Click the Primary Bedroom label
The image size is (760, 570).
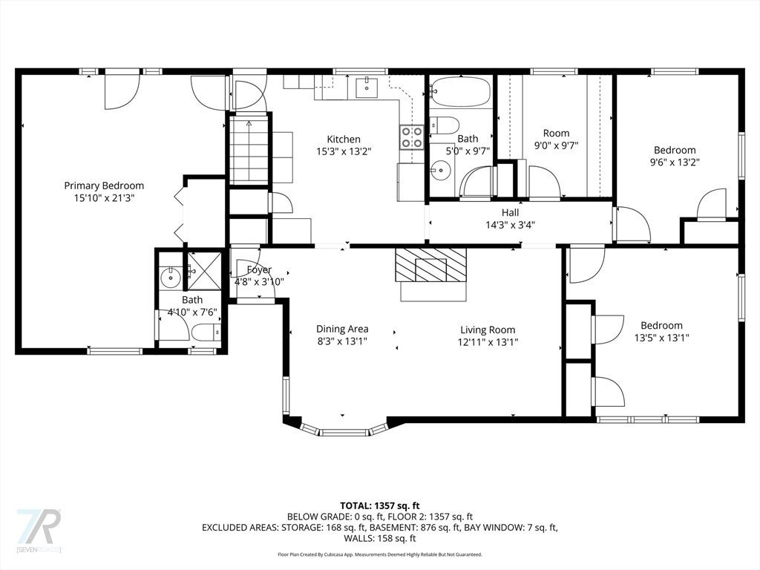104,186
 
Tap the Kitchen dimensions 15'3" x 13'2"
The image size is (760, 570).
344,151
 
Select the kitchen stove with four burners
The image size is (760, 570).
411,137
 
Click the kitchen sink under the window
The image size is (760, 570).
367,88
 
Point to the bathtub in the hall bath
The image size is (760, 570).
460,91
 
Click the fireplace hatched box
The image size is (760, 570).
430,265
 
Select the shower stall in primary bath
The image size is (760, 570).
204,271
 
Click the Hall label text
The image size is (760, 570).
510,212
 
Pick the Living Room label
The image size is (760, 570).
488,330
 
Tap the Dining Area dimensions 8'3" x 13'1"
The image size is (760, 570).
342,341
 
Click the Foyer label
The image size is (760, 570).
259,269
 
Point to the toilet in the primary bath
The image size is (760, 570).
206,332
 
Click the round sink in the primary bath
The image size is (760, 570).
171,278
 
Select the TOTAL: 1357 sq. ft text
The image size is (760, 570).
379,506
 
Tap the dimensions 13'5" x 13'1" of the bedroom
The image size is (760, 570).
661,338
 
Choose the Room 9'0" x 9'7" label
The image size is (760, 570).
557,139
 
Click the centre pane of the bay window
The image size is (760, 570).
344,432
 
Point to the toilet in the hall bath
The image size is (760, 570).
444,125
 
